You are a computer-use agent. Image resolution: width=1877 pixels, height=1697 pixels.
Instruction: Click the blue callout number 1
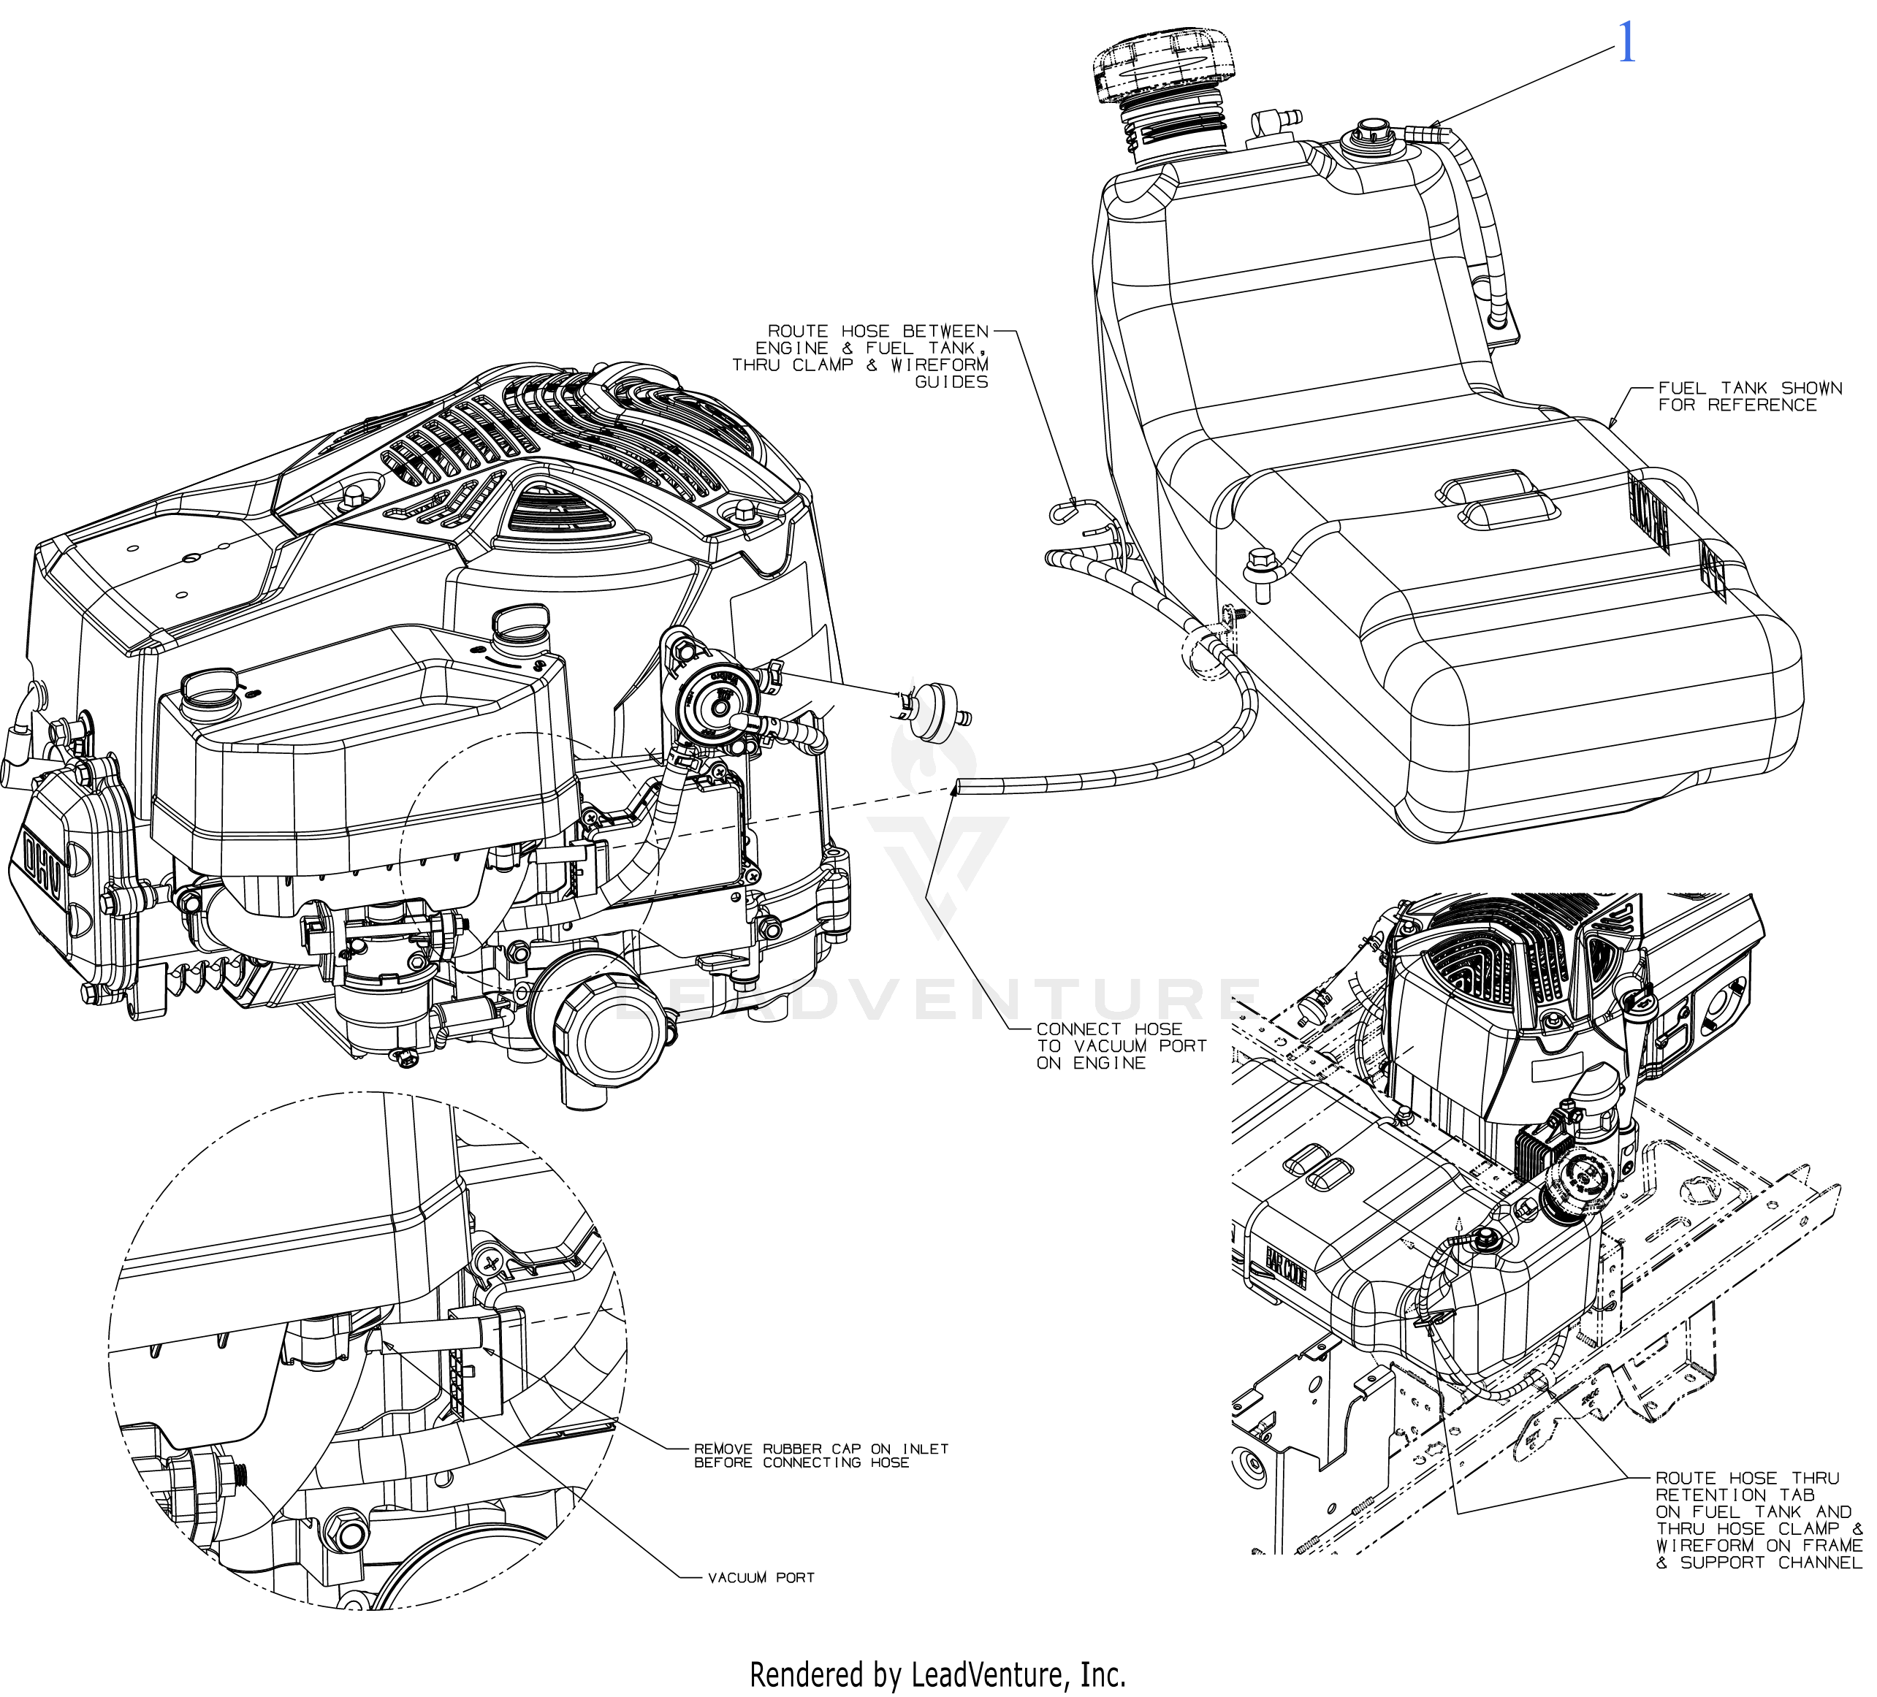click(1626, 44)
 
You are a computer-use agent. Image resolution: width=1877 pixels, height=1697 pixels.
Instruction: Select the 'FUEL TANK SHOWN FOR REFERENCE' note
click(1737, 397)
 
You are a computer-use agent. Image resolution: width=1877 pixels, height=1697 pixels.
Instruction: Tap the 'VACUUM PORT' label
click(761, 1577)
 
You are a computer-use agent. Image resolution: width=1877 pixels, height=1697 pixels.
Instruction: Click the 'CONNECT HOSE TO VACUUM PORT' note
click(1121, 1045)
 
